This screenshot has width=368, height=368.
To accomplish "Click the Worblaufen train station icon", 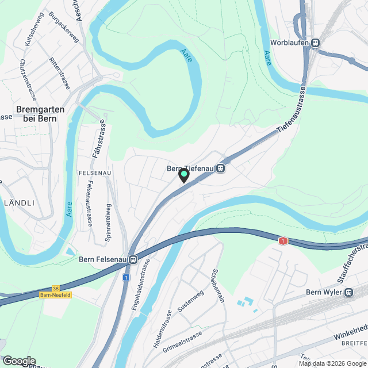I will click(x=315, y=43).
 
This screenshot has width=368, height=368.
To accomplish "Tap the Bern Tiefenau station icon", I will click(x=220, y=169).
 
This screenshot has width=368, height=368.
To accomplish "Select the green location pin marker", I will click(x=184, y=175).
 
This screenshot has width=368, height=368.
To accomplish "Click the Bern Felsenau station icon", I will click(x=133, y=259).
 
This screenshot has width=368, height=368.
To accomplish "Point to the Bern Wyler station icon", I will click(x=348, y=292).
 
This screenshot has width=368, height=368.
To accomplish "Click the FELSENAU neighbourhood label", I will click(x=94, y=172).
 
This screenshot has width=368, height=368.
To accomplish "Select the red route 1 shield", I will click(x=282, y=241).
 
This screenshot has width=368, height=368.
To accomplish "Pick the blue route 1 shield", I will click(x=125, y=277).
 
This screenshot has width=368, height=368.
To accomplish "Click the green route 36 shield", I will click(x=55, y=289).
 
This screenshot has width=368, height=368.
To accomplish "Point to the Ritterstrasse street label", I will click(x=60, y=73).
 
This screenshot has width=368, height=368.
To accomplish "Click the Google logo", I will click(x=19, y=361).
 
